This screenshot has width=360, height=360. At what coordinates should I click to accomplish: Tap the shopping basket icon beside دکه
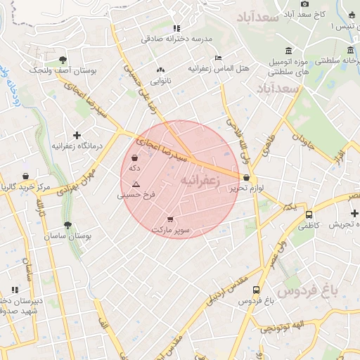tap(134, 158)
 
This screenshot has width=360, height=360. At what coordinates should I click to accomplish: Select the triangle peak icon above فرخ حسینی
tap(136, 184)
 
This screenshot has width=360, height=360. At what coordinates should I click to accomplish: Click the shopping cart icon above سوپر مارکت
tap(170, 219)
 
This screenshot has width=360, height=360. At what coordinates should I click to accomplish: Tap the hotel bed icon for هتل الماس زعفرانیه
tap(219, 58)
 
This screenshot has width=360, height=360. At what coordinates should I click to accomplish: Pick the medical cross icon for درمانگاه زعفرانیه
tap(77, 134)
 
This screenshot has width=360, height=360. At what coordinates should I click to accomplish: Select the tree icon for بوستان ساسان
tap(67, 225)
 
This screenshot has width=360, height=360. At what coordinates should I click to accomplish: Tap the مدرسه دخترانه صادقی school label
tap(176, 39)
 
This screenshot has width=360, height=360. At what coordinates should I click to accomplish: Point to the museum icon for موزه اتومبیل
tap(289, 51)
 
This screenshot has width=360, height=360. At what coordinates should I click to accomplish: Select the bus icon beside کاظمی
tap(309, 214)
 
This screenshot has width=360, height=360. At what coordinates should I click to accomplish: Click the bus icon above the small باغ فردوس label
tap(255, 289)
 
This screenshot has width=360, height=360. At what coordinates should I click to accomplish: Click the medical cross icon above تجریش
tap(354, 212)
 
